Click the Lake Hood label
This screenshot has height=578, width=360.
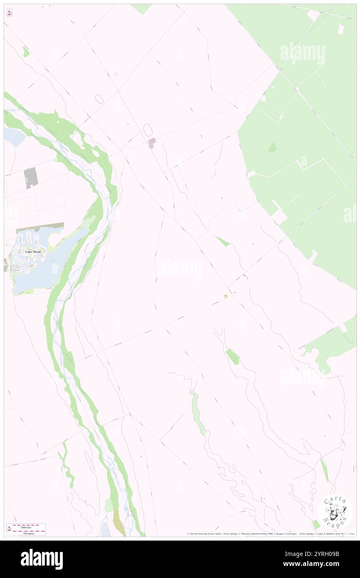(x=32, y=252)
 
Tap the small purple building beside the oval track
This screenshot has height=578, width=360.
(x=152, y=143)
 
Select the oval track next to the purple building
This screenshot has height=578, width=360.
(x=148, y=130)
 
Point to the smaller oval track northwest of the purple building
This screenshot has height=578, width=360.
(x=99, y=99)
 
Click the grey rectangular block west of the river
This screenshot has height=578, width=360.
(x=31, y=178)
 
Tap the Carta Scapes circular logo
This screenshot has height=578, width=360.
(x=335, y=512)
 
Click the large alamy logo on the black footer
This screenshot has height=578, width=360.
(x=42, y=559)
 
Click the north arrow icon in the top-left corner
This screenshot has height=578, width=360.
(x=10, y=13)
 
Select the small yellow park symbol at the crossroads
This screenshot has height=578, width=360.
(x=226, y=296)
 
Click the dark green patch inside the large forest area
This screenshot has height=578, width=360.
(x=272, y=147)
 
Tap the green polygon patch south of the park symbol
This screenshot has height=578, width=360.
(x=232, y=356)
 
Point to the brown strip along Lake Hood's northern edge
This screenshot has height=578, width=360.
(x=40, y=228)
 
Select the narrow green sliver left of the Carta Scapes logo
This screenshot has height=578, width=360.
(x=324, y=470)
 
